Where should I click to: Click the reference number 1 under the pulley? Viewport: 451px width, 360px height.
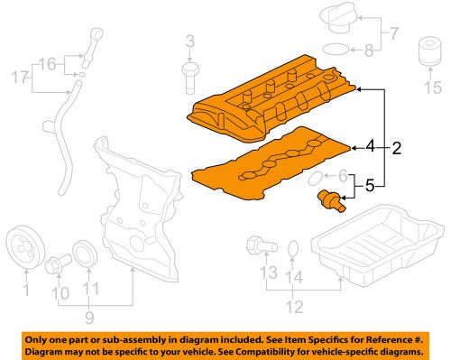26,290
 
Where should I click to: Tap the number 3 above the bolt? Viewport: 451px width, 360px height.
190,40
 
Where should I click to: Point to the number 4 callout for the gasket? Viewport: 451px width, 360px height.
369,144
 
